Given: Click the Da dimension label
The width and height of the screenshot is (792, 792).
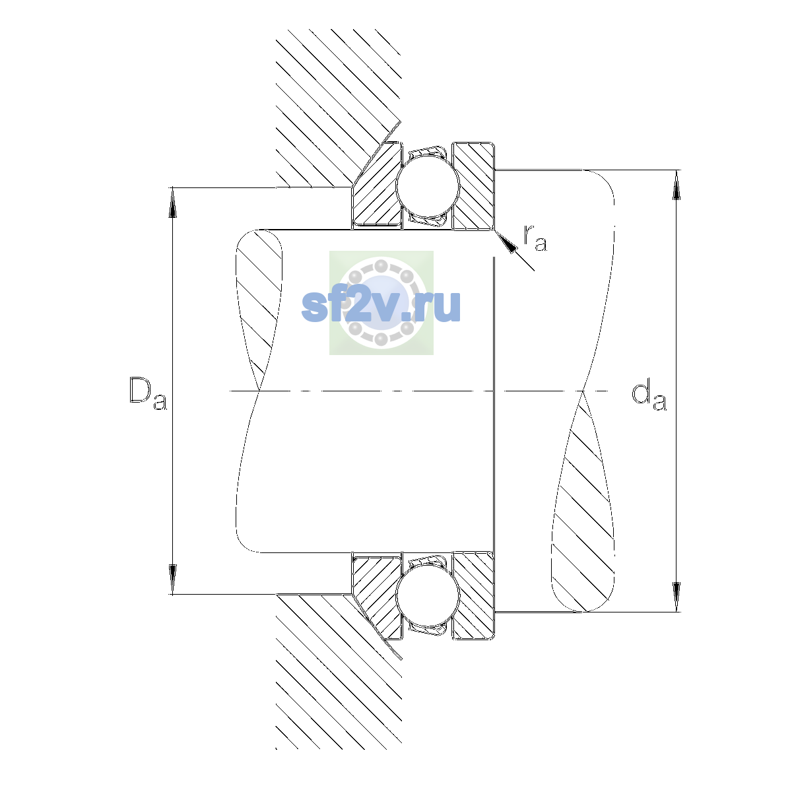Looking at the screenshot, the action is click(148, 393).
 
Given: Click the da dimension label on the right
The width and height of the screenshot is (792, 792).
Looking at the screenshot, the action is click(649, 396).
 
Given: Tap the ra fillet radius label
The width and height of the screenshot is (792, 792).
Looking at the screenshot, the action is click(535, 238).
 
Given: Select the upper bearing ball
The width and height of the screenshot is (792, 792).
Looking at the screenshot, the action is click(428, 185).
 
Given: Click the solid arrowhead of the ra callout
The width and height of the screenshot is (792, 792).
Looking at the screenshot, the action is click(506, 242).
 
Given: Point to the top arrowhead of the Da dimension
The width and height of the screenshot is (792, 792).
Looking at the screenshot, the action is click(173, 202).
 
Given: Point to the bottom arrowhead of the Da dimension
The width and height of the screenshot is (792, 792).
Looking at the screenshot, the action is click(173, 579).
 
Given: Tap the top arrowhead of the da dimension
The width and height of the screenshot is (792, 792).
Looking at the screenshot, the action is click(676, 185).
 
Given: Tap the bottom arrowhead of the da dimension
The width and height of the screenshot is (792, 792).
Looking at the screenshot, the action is click(676, 597).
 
